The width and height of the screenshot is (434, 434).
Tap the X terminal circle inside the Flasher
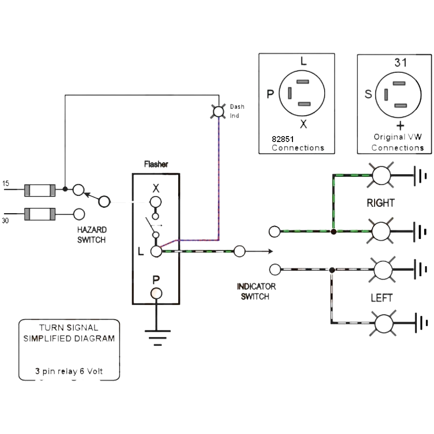click(x=156, y=201)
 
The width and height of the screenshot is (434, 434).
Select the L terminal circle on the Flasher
click(x=156, y=251)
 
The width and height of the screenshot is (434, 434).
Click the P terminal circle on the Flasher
click(x=156, y=293)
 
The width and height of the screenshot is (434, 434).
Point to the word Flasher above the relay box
click(x=156, y=164)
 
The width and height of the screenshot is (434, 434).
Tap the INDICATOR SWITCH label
click(x=256, y=292)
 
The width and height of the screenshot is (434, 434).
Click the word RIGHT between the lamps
click(x=381, y=203)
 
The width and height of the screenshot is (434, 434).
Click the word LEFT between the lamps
click(x=382, y=298)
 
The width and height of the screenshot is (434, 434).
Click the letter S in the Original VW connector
click(x=369, y=94)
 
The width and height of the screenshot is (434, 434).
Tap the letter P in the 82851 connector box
click(x=270, y=94)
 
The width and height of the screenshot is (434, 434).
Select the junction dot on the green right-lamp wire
click(x=334, y=231)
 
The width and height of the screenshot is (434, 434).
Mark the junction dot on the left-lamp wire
click(x=332, y=270)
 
